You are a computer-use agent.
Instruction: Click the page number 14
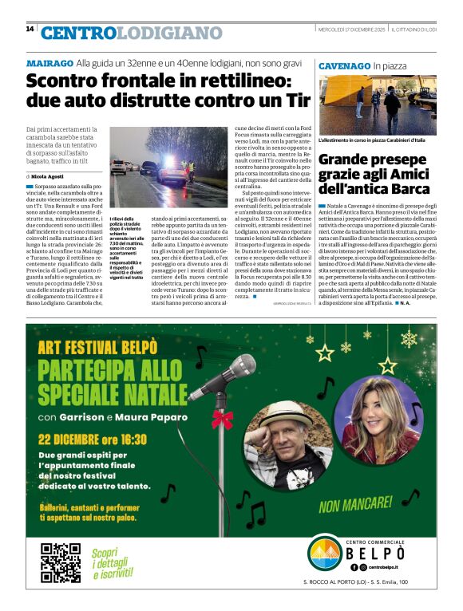(30, 29)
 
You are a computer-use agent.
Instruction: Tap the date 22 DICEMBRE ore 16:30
(93, 438)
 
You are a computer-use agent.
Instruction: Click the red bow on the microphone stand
(221, 419)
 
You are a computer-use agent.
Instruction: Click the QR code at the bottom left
(61, 562)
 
